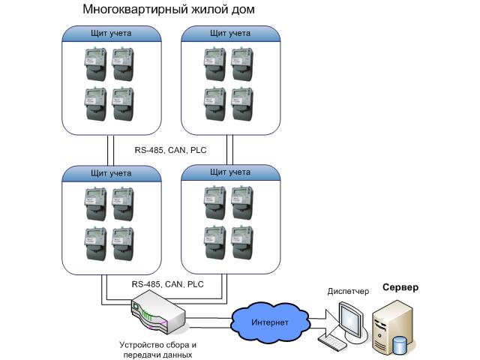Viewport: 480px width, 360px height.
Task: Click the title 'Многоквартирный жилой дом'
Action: coord(169,10)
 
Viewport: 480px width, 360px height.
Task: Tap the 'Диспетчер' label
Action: coord(347,290)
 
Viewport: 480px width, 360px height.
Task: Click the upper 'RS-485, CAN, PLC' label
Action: coord(169,151)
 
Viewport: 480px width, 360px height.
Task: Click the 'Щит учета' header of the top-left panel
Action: coord(111,34)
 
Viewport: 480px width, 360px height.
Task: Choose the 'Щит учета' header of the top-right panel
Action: coord(231,34)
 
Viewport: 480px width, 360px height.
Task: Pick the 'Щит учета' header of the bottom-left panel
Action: coord(111,173)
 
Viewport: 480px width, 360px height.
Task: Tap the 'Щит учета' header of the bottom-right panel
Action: coord(231,173)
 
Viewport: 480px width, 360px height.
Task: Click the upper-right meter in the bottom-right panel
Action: coord(242,202)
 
